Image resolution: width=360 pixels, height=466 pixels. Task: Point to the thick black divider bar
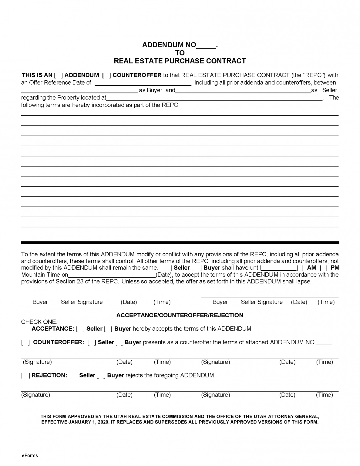180,243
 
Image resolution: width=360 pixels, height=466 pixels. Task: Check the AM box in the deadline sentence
300,268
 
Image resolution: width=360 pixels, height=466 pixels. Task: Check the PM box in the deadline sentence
323,268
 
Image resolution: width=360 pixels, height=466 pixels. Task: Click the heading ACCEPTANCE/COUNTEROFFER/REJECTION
180,315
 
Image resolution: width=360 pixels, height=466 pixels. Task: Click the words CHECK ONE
39,322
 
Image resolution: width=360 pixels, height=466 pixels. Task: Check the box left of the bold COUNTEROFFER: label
25,343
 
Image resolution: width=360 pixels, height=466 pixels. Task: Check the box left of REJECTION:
25,376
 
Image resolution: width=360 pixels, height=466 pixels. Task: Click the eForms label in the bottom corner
30,455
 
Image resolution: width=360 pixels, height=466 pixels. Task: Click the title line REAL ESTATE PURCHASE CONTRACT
180,61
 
